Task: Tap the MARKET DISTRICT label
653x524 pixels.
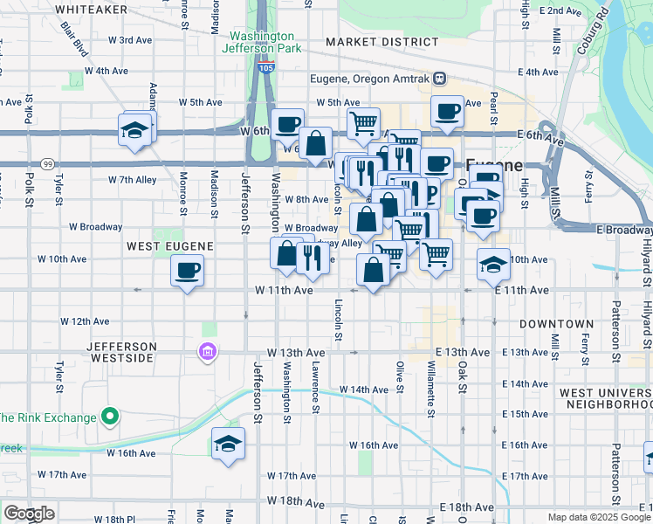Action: coord(381,42)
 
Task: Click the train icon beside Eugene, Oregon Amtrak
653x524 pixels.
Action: coord(441,79)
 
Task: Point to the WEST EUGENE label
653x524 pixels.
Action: coord(166,246)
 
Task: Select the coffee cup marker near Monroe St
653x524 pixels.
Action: coord(187,271)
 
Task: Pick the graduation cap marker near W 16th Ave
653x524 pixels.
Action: coord(228,444)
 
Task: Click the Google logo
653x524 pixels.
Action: coord(29,514)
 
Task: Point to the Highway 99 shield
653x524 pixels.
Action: coord(46,163)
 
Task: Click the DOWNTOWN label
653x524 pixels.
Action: coord(556,324)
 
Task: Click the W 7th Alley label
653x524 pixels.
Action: coord(133,180)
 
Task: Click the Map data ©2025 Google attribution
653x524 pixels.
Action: coord(599,517)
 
